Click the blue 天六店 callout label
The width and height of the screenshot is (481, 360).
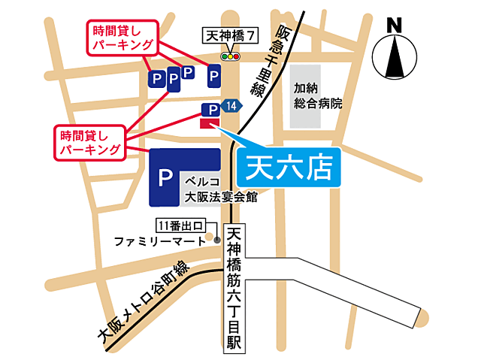coord(289,167)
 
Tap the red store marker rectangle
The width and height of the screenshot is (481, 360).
coord(210,123)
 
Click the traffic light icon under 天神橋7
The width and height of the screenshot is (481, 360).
coord(229,56)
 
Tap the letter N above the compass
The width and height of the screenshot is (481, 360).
coord(392,24)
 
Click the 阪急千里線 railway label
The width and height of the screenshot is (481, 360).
coord(271,59)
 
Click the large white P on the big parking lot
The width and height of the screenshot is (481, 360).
coord(165,178)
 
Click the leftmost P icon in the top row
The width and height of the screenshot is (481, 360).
coord(156,78)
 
